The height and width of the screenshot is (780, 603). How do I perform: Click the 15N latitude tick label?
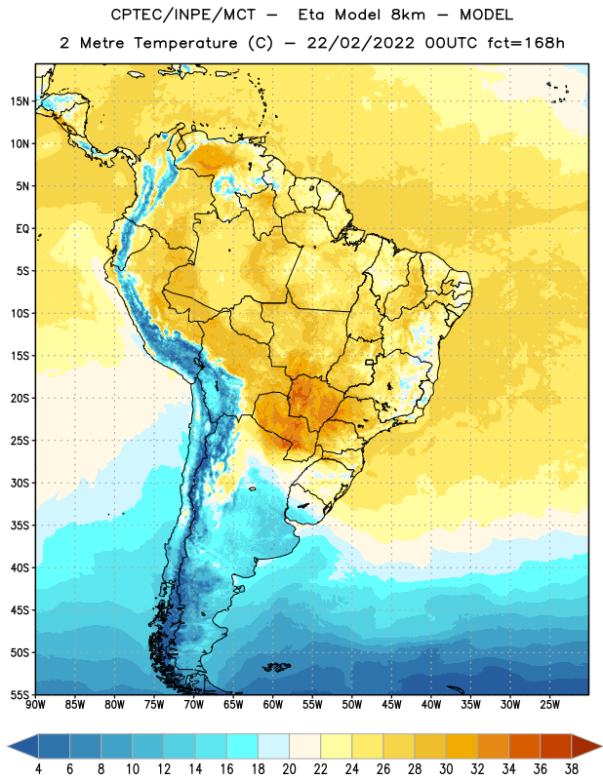[x=20, y=101]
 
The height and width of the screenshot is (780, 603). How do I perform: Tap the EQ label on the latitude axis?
[x=22, y=229]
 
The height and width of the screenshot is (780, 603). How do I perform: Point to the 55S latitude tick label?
[x=20, y=694]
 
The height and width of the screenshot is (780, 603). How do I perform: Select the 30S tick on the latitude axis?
[x=20, y=483]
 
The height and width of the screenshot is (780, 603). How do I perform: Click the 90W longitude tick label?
[x=35, y=704]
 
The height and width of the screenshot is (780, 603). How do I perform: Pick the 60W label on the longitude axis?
[x=273, y=704]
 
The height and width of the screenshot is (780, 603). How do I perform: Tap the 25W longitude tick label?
[x=549, y=704]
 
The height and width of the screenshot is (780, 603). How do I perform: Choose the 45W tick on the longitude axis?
[x=391, y=704]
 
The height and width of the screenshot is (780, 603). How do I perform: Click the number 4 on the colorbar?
[x=38, y=769]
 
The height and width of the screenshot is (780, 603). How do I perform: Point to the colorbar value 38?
[x=572, y=769]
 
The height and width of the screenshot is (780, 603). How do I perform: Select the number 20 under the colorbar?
[x=289, y=769]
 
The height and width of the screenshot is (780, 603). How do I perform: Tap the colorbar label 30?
[x=446, y=769]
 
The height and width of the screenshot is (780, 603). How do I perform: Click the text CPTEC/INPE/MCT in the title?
[x=182, y=15]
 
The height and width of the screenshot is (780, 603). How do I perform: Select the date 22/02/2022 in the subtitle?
[x=360, y=43]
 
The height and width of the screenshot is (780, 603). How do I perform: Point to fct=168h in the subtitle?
[x=526, y=43]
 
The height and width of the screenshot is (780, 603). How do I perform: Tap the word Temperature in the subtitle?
[x=185, y=43]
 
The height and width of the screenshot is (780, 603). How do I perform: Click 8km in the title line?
[x=408, y=15]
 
